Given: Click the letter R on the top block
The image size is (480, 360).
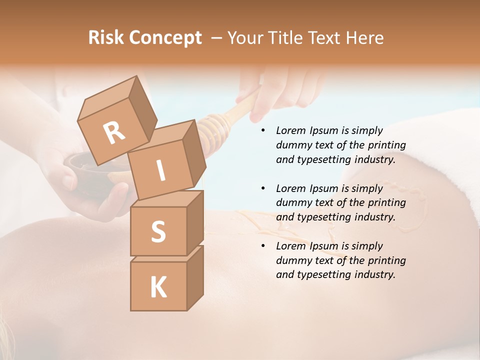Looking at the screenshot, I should pos(114,132).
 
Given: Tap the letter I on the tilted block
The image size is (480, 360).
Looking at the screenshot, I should pos(161,171).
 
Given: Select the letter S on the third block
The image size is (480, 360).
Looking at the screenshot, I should pos(158,231).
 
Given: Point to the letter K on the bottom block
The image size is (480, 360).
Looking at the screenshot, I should pos(158,287).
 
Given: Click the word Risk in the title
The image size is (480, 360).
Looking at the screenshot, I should pos(106,37).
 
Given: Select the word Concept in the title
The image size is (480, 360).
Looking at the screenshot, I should pos(165,38).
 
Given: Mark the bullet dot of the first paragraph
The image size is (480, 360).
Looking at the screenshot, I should pos(262,130).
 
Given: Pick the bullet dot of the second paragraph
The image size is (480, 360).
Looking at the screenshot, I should pos(262,188).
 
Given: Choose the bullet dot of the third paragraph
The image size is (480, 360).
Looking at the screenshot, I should pos(262,246).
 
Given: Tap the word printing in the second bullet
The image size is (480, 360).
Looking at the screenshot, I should pos(386,202).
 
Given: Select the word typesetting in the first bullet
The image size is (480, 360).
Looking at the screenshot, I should pos(326,159).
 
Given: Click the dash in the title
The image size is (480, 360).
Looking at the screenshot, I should pos(217,38).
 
